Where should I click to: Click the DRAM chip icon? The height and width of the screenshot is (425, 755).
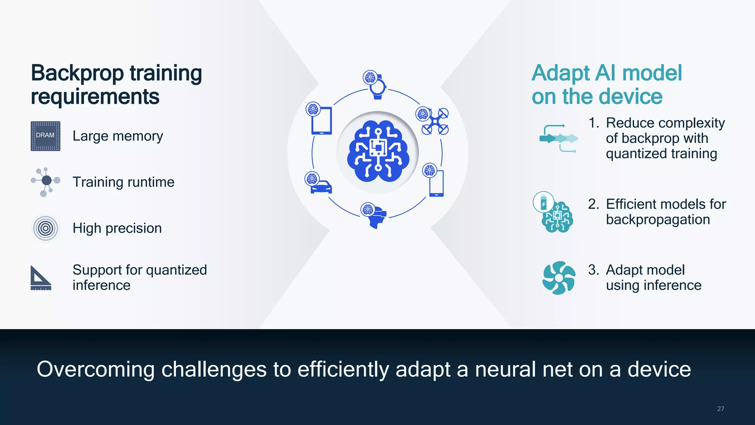coord(45,136)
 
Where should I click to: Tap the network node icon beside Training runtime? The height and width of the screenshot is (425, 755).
coord(46,181)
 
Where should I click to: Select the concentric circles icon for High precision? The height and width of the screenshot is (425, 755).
coord(45,228)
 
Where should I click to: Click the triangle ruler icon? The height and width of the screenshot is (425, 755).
coord(40,278)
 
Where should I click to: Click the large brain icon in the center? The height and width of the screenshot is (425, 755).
coord(378,152)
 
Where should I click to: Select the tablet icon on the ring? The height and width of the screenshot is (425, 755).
coord(321,120)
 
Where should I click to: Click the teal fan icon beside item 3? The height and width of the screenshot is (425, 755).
coord(559,278)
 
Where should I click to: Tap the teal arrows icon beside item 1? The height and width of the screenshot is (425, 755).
coord(558,138)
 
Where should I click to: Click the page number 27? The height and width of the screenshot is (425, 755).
coord(720,409)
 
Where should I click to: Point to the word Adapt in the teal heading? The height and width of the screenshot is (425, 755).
coord(561,73)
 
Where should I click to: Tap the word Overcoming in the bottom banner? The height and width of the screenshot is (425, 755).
coord(95,369)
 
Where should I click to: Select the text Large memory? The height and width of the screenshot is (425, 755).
coord(118,136)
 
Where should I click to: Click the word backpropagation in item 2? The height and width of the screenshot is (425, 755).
coord(658,220)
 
